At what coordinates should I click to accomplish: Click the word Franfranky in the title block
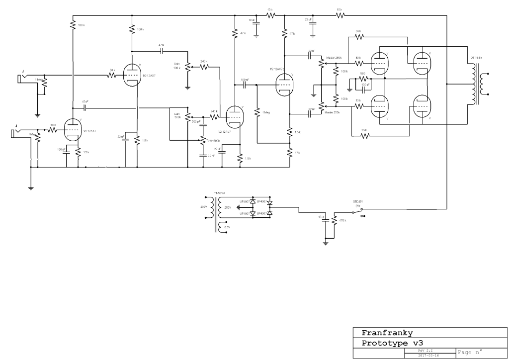coord(386,333)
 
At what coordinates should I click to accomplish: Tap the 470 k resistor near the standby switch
coord(335,220)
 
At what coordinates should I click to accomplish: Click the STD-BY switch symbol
coord(359,213)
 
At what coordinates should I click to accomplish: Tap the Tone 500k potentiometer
coord(203,140)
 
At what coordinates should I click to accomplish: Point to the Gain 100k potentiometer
coord(187,66)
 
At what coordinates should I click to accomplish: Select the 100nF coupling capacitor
coord(245,85)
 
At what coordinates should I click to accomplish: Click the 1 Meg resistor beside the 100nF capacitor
coord(257,112)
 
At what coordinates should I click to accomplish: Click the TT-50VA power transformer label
coord(219,192)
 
